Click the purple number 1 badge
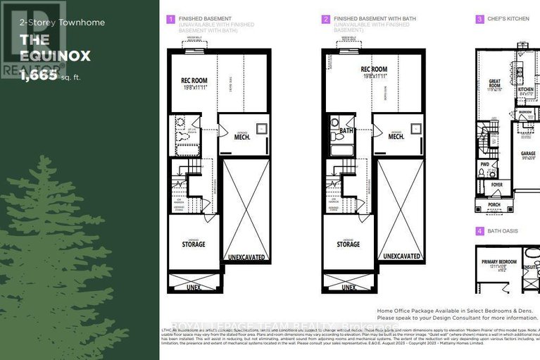pos(170,20)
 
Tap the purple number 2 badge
pos(325,20)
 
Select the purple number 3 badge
pos(479,20)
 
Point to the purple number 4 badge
pos(479,231)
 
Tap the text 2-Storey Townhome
pos(52,23)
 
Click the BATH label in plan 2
pos(346,130)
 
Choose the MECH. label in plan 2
pos(396,137)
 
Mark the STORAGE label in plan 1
pos(194,244)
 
